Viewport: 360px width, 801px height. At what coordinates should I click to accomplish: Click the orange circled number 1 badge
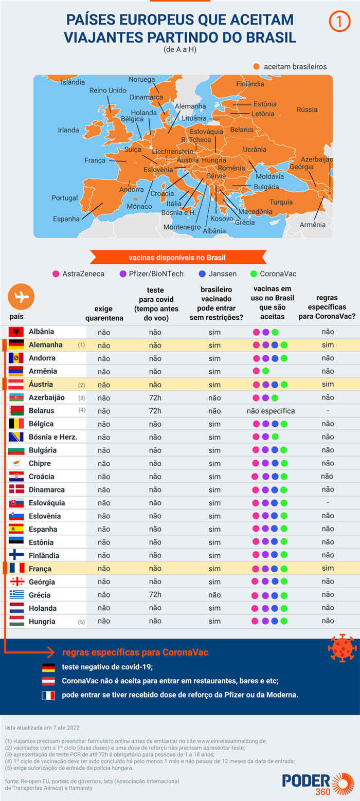click(x=338, y=22)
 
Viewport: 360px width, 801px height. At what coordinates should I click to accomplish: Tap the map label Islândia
click(x=73, y=82)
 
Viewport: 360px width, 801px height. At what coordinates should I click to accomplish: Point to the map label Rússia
click(x=307, y=110)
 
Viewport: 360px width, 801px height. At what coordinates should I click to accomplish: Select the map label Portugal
click(x=64, y=198)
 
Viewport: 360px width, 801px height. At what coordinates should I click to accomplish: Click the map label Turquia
click(x=281, y=202)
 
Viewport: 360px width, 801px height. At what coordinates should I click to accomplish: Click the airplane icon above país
click(x=21, y=297)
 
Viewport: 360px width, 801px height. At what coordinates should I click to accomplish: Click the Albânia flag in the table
click(x=16, y=332)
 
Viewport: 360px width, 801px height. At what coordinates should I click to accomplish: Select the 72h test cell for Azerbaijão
click(x=155, y=397)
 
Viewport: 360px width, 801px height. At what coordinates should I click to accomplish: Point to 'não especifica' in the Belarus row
click(x=271, y=411)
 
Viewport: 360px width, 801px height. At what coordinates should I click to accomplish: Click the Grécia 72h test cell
click(x=155, y=595)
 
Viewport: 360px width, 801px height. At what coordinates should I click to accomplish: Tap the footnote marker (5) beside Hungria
click(x=81, y=622)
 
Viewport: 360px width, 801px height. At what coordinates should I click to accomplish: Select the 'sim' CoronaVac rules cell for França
click(x=328, y=569)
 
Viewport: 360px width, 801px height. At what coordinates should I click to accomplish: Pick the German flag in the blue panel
click(x=48, y=668)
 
